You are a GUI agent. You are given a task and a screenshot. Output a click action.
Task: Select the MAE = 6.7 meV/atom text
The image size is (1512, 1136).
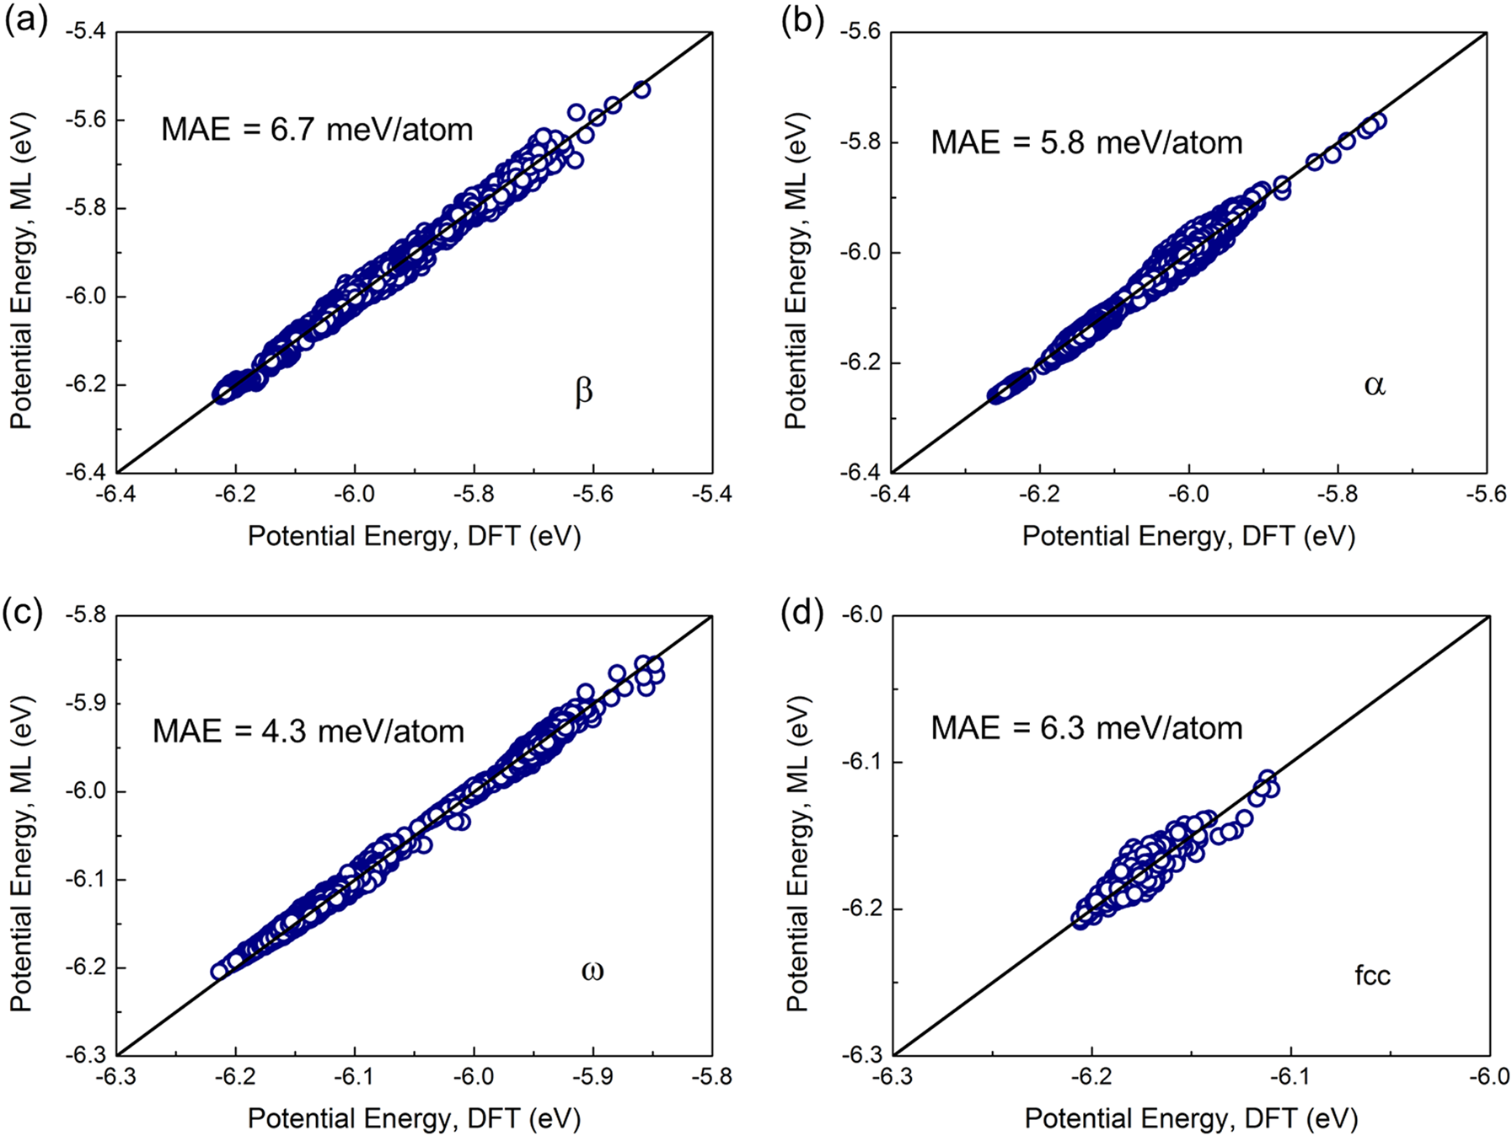click(x=317, y=130)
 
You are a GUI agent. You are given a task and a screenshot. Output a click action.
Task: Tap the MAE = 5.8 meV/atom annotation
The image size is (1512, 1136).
click(x=1086, y=142)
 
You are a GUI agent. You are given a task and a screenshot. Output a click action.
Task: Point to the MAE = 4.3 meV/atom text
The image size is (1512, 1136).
click(x=308, y=731)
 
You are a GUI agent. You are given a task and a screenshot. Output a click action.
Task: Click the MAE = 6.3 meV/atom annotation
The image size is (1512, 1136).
click(x=1086, y=727)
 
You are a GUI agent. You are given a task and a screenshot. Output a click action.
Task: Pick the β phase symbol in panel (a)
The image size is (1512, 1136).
click(x=583, y=392)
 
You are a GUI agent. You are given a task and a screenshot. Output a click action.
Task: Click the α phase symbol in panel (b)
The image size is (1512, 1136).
click(x=1374, y=385)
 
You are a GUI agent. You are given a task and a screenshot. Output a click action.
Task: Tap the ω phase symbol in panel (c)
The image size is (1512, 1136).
click(x=592, y=970)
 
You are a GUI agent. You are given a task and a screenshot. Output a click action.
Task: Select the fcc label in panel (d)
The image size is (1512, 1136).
click(x=1372, y=976)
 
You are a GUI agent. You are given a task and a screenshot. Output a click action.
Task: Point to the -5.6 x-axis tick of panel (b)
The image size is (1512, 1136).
click(x=1486, y=494)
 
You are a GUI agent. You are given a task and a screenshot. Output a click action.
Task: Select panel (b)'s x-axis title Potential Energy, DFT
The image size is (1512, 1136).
click(x=1188, y=536)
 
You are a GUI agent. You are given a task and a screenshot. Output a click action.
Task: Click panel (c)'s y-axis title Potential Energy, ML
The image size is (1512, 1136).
click(x=21, y=853)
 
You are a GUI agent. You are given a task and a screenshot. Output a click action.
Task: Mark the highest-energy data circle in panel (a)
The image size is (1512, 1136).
click(x=641, y=90)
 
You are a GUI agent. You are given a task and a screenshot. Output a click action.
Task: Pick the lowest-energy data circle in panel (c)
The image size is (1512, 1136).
click(x=219, y=972)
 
